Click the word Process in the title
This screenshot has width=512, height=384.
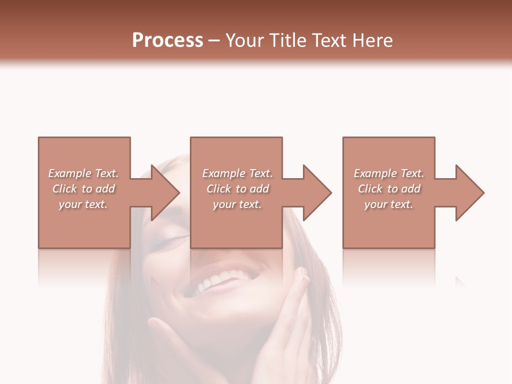coord(167,41)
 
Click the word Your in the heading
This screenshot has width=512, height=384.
coord(245,41)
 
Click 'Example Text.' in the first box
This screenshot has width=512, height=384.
coord(84,173)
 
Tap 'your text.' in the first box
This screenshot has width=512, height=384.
coord(84,204)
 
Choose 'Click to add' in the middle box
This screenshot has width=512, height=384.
coord(237,189)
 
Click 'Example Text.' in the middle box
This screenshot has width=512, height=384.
coord(237,173)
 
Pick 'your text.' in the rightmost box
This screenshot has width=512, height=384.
coord(389,204)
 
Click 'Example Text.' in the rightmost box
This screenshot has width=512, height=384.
coord(389,173)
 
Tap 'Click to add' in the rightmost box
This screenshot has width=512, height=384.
coord(389,189)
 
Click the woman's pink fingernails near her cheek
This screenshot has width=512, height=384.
coord(303,277)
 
